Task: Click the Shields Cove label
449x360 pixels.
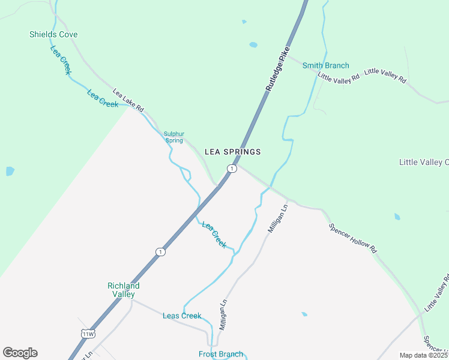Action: coord(53,34)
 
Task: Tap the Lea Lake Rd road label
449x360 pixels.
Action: coord(128,100)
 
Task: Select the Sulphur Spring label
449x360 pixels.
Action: coord(174,137)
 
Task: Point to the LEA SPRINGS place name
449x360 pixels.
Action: coord(233,152)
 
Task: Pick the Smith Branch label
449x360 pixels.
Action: coord(325,65)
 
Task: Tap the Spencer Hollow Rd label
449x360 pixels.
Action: coord(353,238)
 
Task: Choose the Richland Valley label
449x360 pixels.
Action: coord(123,290)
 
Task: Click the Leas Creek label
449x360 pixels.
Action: coord(182,316)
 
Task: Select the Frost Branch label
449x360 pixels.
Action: coord(221,354)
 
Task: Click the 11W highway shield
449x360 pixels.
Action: coord(88,334)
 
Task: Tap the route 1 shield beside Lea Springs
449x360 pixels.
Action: coord(232,169)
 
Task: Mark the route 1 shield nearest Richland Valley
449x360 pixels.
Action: coord(160,251)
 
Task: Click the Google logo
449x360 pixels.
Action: coord(20,353)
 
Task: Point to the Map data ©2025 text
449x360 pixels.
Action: coord(423,355)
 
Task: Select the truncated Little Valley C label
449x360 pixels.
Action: coord(424,163)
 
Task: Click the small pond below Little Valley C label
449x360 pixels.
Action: coord(397,217)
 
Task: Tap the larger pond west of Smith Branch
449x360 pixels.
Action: coord(253,45)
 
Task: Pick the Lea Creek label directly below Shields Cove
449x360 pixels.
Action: coord(61,60)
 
